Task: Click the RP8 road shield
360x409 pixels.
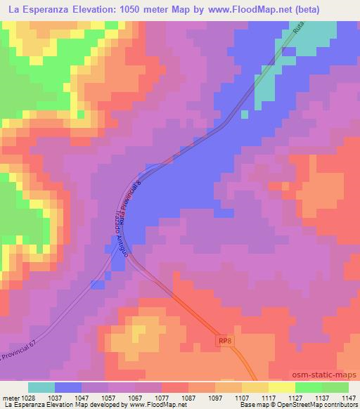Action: (x=223, y=341)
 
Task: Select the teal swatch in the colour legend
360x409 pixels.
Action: (x=41, y=387)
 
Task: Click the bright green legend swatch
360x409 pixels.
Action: (x=309, y=387)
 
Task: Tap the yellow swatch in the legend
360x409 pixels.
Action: (x=255, y=387)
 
